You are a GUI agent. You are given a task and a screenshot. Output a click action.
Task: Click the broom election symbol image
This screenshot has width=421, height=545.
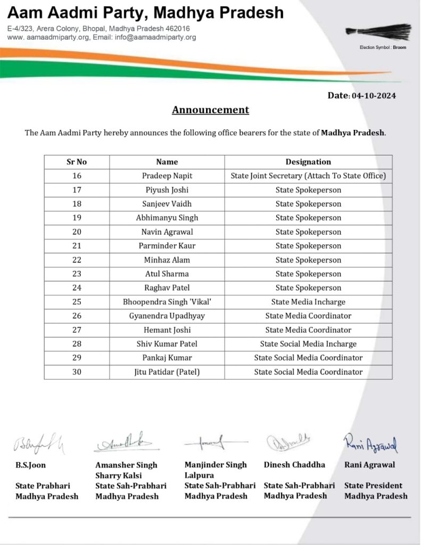[378, 31]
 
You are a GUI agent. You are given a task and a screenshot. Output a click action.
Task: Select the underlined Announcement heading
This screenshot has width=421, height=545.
[210, 110]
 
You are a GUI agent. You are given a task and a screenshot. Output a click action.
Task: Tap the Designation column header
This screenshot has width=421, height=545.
[308, 162]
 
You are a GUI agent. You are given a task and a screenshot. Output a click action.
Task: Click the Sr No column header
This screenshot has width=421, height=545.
[77, 162]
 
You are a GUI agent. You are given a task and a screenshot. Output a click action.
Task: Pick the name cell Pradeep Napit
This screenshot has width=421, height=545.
[167, 176]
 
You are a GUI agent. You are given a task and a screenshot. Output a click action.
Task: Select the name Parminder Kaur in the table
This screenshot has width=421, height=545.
[167, 246]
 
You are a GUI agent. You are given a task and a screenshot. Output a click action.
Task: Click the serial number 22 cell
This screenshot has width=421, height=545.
[77, 260]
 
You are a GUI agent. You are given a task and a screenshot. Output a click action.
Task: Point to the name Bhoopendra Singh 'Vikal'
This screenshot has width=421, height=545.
[167, 302]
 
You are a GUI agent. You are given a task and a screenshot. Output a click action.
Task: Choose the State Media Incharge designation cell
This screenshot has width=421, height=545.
[308, 302]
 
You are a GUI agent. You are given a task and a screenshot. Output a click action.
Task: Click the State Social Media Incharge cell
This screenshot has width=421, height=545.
[308, 344]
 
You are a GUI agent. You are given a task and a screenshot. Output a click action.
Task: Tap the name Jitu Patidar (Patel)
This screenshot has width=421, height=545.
[167, 372]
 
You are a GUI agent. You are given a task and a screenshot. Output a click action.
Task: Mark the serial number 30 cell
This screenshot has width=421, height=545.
[77, 372]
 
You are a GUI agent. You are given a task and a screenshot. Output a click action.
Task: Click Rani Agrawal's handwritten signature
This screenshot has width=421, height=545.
[371, 443]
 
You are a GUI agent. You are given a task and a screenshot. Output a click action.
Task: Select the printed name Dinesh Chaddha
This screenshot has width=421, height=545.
[294, 465]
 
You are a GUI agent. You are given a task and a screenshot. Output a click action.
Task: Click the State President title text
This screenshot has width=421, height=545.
[373, 485]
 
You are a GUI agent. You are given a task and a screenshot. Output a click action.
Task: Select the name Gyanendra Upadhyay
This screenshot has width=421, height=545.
[167, 316]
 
